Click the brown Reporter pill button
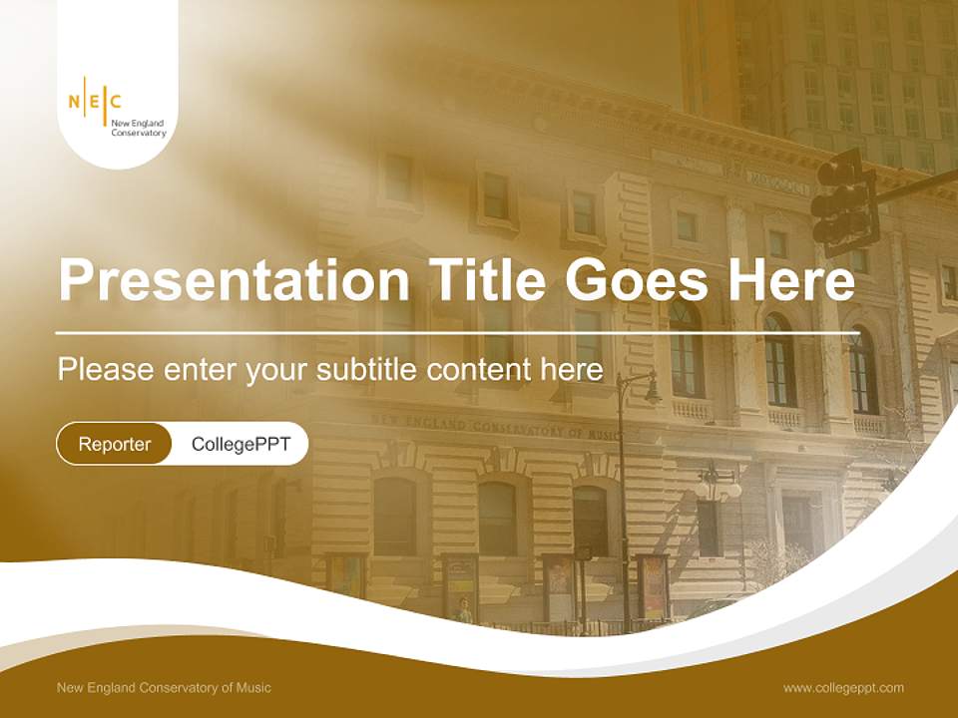click(x=115, y=444)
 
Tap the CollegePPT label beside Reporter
click(x=240, y=444)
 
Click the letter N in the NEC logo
click(x=74, y=101)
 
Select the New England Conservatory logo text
click(x=139, y=128)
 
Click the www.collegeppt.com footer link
click(x=843, y=687)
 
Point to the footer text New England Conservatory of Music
click(x=164, y=687)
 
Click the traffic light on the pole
click(x=844, y=199)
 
